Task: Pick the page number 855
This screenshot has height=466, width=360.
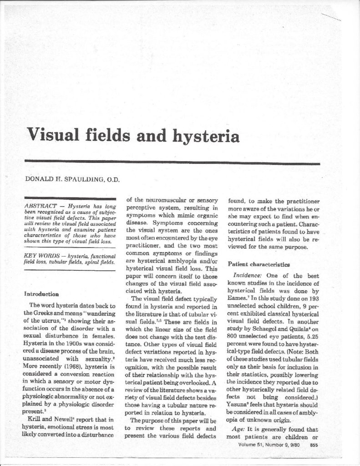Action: click(x=314, y=458)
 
